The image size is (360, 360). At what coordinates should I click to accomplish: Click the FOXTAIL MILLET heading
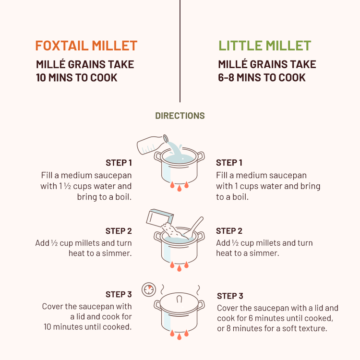pyautogui.click(x=86, y=46)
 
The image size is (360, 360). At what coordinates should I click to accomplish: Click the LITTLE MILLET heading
pyautogui.click(x=265, y=46)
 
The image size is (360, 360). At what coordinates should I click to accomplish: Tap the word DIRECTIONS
pyautogui.click(x=180, y=116)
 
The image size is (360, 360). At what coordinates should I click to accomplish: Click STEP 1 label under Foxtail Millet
pyautogui.click(x=119, y=163)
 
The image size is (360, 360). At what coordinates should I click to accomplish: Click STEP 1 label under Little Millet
pyautogui.click(x=229, y=163)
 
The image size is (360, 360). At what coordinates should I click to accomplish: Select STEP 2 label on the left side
pyautogui.click(x=119, y=231)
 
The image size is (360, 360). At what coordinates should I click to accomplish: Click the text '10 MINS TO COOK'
pyautogui.click(x=77, y=77)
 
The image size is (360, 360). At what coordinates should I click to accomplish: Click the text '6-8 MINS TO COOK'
pyautogui.click(x=262, y=77)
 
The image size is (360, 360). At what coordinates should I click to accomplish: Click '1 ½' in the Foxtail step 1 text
pyautogui.click(x=64, y=186)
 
